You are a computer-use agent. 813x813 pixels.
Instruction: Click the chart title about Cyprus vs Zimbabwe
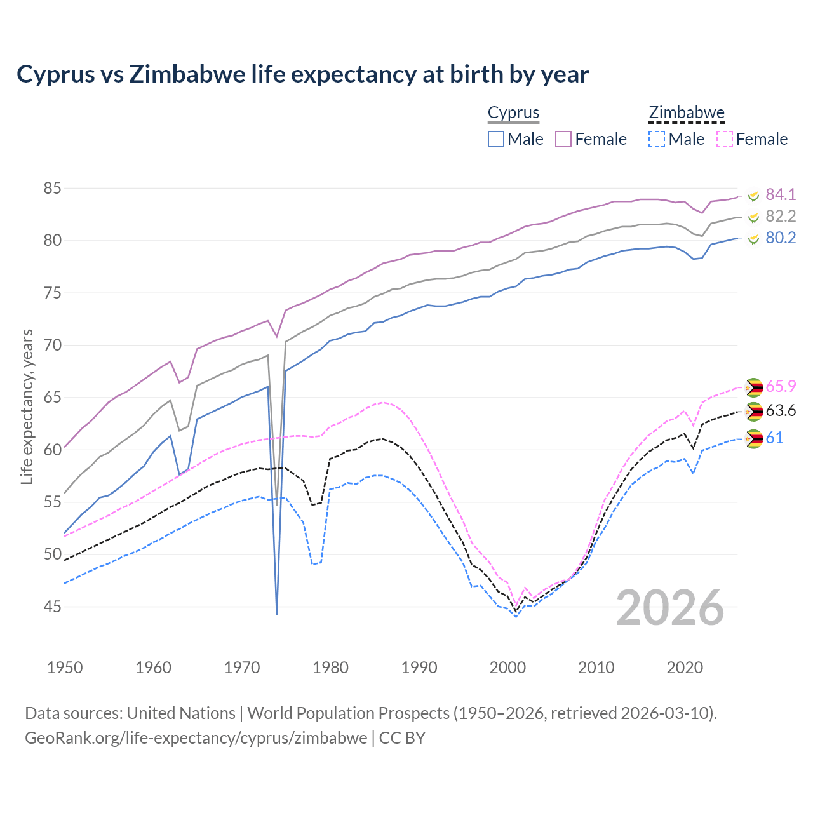(x=303, y=74)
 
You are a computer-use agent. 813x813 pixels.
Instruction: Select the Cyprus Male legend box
(x=496, y=139)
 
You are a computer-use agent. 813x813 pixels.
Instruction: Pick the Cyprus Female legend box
(x=563, y=139)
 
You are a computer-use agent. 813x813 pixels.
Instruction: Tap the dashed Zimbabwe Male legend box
(x=657, y=139)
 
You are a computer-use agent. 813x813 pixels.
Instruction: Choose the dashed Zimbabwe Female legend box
(x=725, y=139)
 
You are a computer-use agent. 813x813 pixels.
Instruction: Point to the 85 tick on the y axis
(x=52, y=189)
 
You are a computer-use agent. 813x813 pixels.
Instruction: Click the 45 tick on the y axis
(x=52, y=607)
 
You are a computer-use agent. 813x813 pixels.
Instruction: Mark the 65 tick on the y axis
(x=52, y=398)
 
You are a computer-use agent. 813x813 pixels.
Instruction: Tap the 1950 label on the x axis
(x=65, y=668)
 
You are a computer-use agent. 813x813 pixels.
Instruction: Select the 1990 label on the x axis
(x=419, y=668)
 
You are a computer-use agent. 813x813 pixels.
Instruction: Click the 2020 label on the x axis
(x=685, y=668)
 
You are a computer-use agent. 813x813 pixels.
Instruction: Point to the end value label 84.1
(x=781, y=194)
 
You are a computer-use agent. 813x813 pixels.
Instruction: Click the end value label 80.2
(x=781, y=238)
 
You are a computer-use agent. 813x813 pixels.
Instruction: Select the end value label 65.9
(x=781, y=386)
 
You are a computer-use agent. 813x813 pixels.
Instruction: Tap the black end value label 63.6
(x=781, y=411)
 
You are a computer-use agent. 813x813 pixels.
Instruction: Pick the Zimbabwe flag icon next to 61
(x=754, y=438)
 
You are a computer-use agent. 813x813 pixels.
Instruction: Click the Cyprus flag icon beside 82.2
(x=754, y=217)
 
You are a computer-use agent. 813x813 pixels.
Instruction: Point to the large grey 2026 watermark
(x=670, y=608)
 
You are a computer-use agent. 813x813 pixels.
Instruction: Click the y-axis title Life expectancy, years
(x=27, y=406)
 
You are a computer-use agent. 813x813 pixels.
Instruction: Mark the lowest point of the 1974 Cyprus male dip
(x=277, y=614)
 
